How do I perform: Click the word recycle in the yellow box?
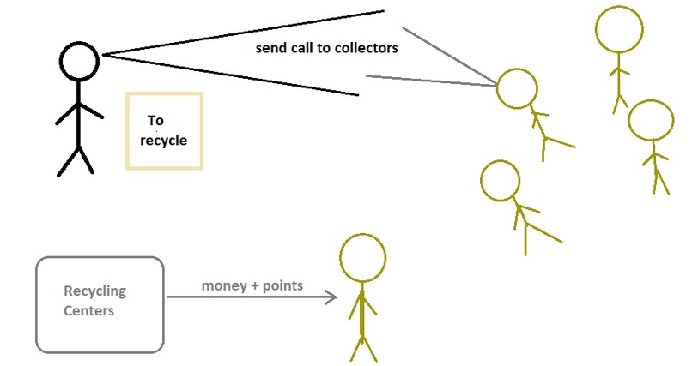click(166, 140)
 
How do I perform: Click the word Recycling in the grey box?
click(94, 291)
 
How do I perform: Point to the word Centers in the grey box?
click(88, 310)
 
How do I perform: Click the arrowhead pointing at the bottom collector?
click(331, 297)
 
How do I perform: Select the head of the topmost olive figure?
click(619, 31)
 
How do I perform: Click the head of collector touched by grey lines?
click(518, 89)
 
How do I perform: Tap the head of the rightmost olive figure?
click(651, 121)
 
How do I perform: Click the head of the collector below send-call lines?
click(500, 181)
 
